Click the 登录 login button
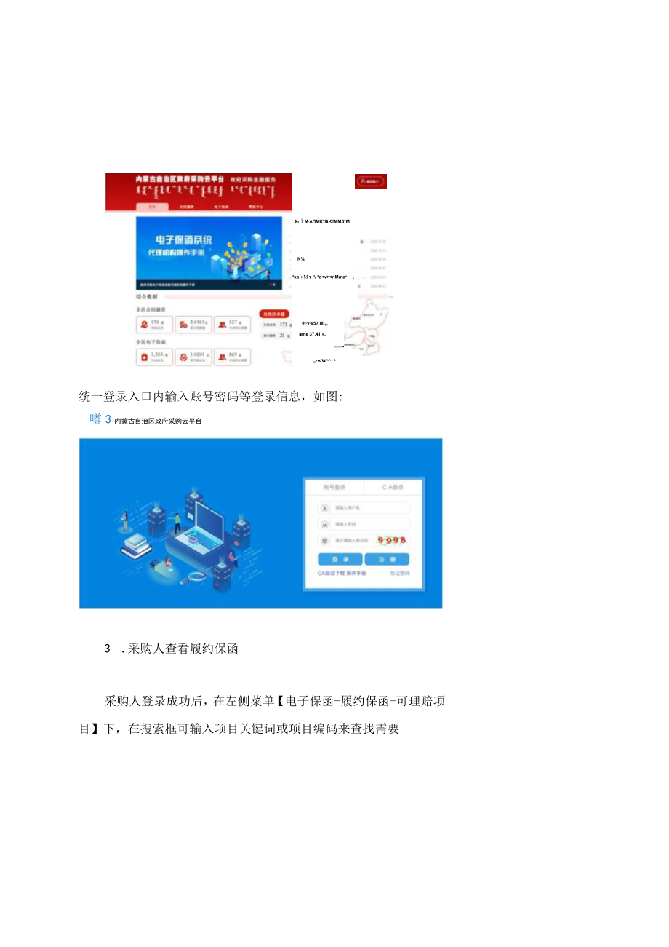tap(340, 559)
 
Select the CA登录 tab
tap(392, 487)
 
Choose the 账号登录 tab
tap(334, 487)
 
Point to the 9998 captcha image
tap(391, 540)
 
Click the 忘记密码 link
tap(399, 574)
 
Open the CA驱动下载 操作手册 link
tap(342, 574)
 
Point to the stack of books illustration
tap(135, 546)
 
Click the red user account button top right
tap(371, 181)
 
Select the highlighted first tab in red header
tap(152, 207)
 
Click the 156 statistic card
tap(154, 325)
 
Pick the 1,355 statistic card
tap(154, 356)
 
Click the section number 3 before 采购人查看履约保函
tap(107, 649)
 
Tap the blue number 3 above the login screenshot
tap(108, 419)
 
